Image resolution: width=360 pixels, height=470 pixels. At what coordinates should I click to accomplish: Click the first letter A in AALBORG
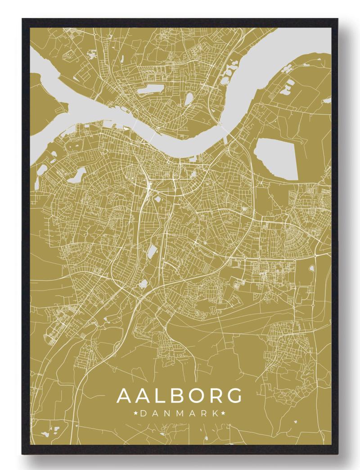click(125, 396)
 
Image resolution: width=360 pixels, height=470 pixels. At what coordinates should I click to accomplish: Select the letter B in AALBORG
click(180, 396)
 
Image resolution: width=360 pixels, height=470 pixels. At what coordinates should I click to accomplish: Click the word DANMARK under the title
click(180, 413)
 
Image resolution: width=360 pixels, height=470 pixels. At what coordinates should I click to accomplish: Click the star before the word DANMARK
click(135, 413)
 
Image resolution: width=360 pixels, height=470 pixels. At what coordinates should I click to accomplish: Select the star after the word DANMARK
click(224, 413)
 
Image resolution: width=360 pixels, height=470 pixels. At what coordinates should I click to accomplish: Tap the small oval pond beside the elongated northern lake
click(189, 98)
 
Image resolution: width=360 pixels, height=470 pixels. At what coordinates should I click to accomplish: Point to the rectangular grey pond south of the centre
click(152, 252)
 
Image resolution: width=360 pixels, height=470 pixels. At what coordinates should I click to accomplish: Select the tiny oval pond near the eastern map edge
click(311, 269)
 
